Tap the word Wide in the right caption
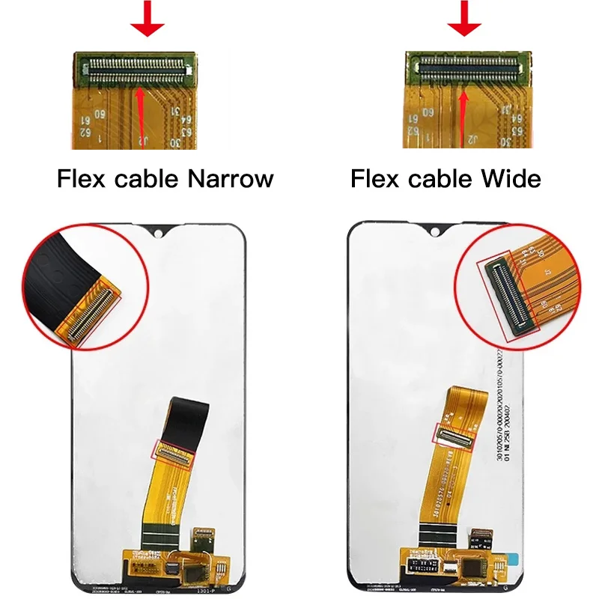click(x=513, y=180)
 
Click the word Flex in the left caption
click(x=82, y=180)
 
